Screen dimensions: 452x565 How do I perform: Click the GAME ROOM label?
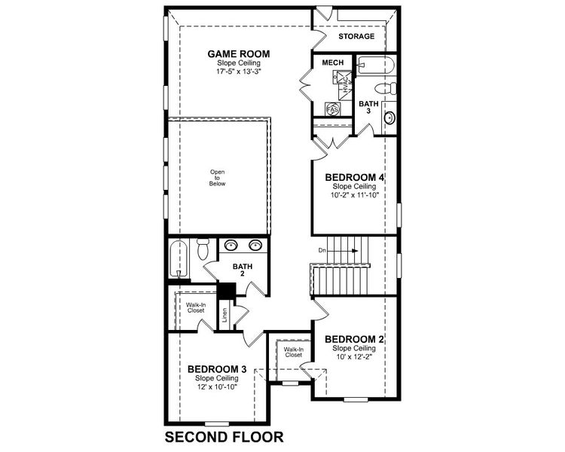coord(239,53)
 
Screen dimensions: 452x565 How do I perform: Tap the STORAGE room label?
coord(356,36)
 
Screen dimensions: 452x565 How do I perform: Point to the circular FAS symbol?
coord(332,109)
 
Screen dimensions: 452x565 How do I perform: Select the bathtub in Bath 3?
coord(374,65)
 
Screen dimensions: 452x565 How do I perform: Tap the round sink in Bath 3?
coord(389,118)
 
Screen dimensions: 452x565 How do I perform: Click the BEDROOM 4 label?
coord(356,178)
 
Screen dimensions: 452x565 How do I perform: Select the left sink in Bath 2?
coord(231,245)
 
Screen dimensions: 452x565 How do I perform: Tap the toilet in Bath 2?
coord(202,249)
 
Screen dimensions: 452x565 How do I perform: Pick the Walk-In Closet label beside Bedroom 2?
coord(294,353)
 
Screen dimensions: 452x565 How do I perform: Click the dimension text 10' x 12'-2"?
coord(355,357)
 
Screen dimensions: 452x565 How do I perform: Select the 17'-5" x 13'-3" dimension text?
coord(239,72)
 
